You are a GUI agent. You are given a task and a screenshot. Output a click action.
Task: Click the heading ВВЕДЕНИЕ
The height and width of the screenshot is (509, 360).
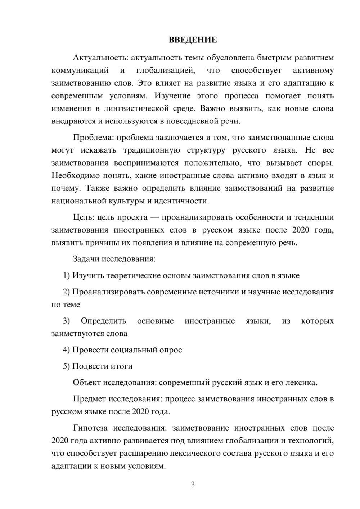[193, 40]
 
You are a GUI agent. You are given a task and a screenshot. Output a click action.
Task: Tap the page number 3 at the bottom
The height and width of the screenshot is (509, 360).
[193, 485]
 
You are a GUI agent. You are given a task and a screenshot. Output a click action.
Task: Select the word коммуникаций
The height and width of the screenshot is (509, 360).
[80, 71]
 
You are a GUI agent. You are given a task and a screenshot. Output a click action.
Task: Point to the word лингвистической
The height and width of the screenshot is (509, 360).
[140, 108]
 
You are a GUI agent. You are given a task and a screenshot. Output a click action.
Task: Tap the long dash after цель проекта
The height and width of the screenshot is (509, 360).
[155, 217]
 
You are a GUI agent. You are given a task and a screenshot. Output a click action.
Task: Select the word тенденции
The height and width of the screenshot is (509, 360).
[314, 217]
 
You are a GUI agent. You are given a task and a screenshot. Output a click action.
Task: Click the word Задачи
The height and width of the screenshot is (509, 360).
[86, 259]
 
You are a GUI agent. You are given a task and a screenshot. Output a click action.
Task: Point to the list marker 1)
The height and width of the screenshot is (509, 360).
[66, 276]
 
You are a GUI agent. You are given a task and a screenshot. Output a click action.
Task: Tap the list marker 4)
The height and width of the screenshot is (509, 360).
[66, 350]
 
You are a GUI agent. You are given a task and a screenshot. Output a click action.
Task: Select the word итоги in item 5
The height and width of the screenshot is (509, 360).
[122, 366]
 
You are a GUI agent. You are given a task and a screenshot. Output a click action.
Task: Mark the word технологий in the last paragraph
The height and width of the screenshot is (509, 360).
[309, 441]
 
